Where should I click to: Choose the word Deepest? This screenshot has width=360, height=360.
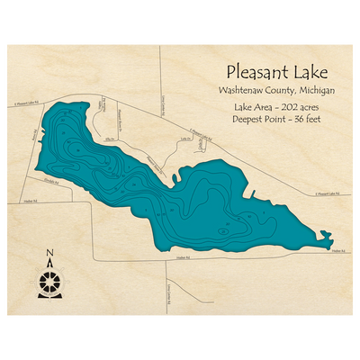click(247, 119)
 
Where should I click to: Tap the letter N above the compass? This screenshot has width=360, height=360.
click(49, 252)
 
